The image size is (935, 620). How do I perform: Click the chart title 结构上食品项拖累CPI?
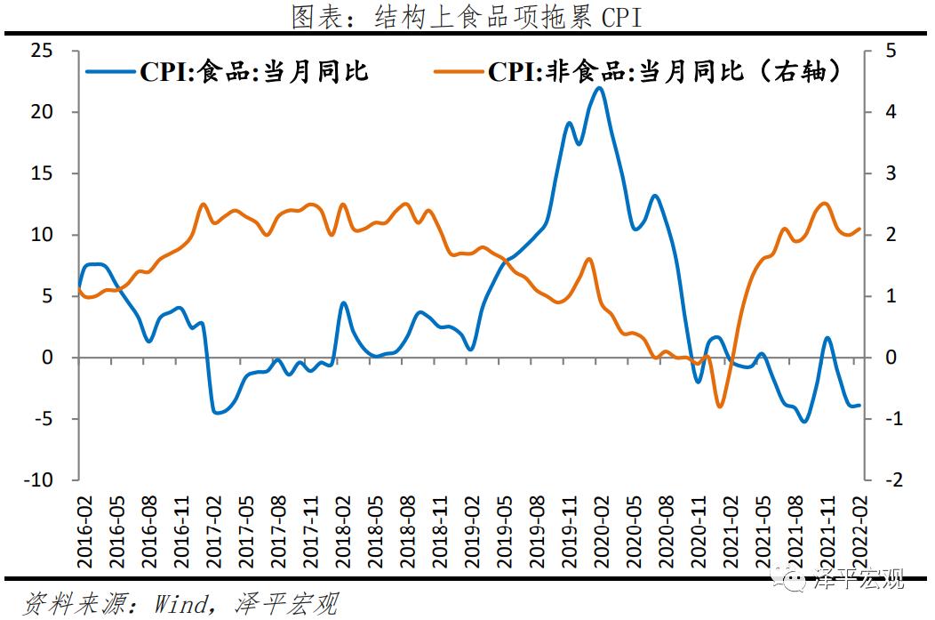466,18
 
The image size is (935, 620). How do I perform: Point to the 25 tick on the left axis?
54,51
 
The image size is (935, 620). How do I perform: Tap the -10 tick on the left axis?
51,480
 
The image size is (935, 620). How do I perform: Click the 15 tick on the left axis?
54,173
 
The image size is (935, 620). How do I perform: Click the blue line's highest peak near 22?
599,87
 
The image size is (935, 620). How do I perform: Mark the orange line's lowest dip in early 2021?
719,407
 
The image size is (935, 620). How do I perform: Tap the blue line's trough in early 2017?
218,413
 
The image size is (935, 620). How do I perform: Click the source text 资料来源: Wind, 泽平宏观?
182,604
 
